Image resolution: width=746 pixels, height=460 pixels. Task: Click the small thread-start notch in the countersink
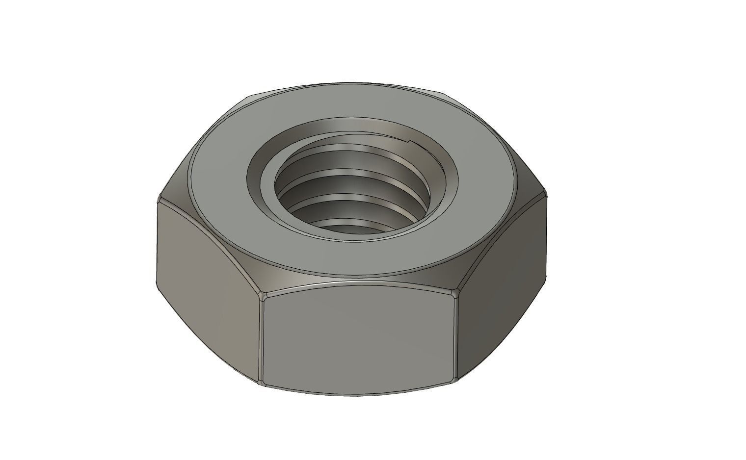[x=411, y=142]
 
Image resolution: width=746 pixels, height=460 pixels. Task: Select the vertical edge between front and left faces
[x=261, y=338]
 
